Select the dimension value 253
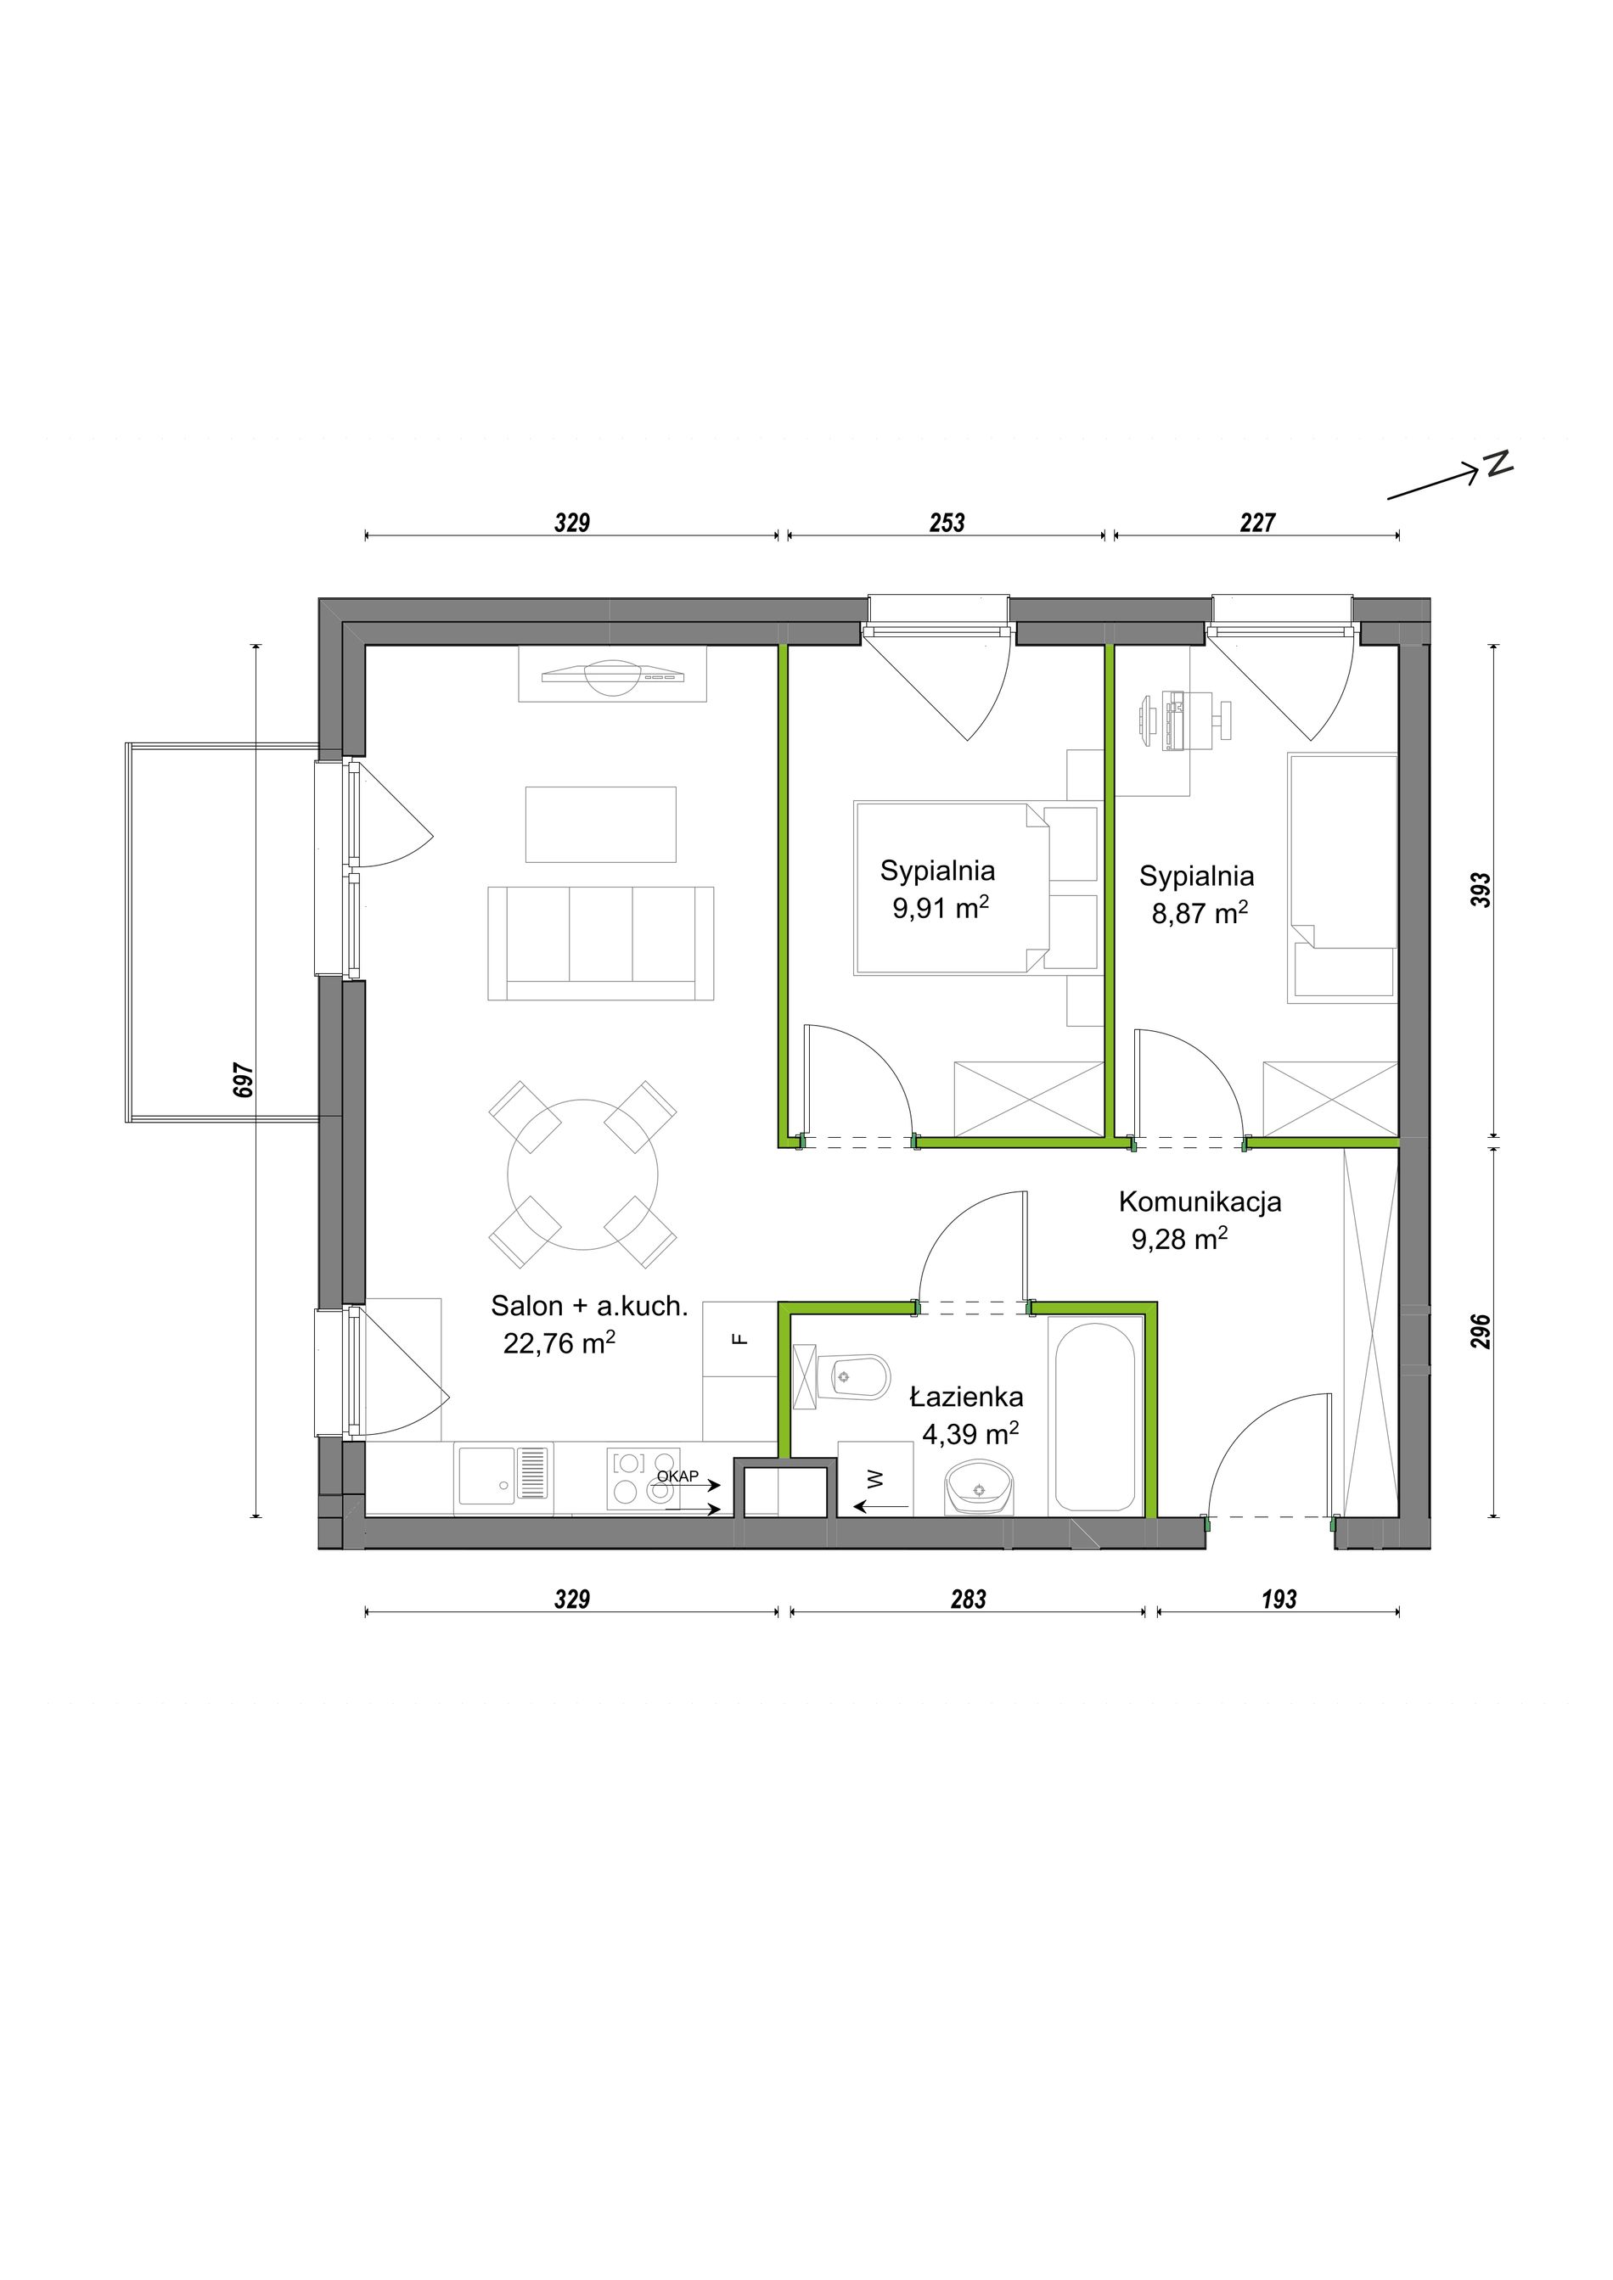(x=947, y=523)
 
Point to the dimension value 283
(x=969, y=1599)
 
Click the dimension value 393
(x=1481, y=890)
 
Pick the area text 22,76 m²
(x=559, y=1342)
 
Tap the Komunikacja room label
(x=1200, y=1202)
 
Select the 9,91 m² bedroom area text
(x=940, y=908)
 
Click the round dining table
(x=583, y=1174)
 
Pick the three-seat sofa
(x=601, y=943)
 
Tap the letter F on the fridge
(x=739, y=1339)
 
